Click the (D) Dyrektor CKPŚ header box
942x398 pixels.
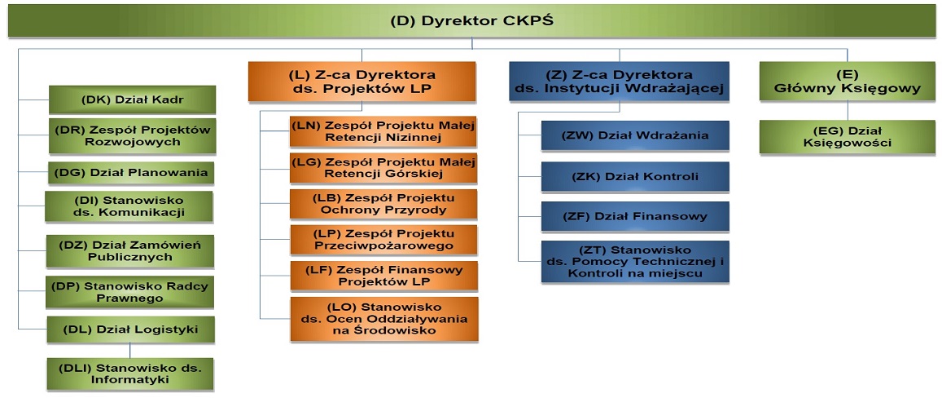[471, 20]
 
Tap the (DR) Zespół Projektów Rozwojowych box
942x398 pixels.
[132, 136]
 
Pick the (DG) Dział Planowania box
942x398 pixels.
[132, 174]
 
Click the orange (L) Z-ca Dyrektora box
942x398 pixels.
[362, 82]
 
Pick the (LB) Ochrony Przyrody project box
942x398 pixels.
[383, 205]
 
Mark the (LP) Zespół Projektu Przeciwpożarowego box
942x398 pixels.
[383, 240]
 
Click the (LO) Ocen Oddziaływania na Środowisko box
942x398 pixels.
[383, 319]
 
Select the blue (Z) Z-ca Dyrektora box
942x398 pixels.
[620, 82]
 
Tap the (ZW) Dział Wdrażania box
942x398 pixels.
[635, 135]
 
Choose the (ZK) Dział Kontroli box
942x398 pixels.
[635, 176]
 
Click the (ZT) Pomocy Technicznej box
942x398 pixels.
[635, 261]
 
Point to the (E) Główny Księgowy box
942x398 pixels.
[847, 82]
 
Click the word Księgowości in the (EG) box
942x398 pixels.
[847, 143]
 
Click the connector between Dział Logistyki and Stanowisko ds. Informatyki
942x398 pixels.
[130, 351]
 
